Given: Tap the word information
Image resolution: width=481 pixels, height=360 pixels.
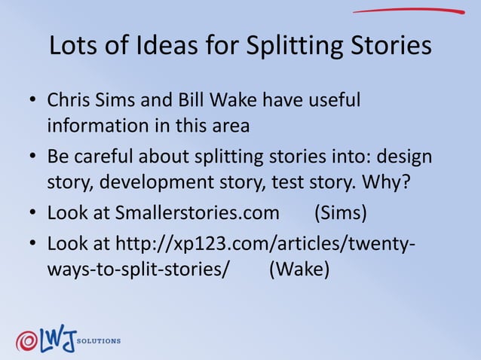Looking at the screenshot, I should click(x=97, y=125).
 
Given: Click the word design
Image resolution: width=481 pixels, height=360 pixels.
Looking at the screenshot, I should click(x=403, y=157).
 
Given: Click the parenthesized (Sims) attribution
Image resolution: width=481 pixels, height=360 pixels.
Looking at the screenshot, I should click(x=340, y=213).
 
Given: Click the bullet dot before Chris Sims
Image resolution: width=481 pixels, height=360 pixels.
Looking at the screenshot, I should click(x=32, y=101).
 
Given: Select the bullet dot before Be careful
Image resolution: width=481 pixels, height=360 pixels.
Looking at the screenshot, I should click(x=32, y=158).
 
